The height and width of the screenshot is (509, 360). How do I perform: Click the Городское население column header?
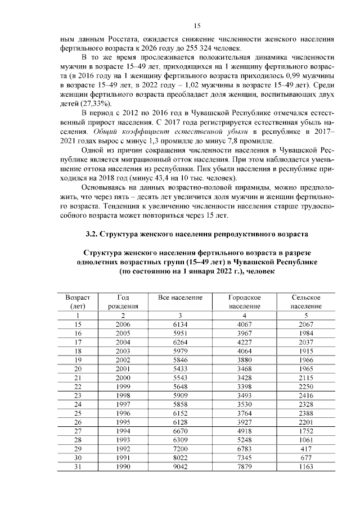pyautogui.click(x=244, y=301)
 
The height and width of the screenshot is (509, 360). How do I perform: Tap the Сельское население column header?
pyautogui.click(x=306, y=301)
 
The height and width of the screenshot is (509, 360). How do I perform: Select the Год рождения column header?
pyautogui.click(x=123, y=301)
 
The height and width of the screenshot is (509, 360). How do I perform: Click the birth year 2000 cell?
pyautogui.click(x=123, y=376)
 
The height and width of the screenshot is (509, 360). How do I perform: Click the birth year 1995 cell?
pyautogui.click(x=123, y=422)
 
